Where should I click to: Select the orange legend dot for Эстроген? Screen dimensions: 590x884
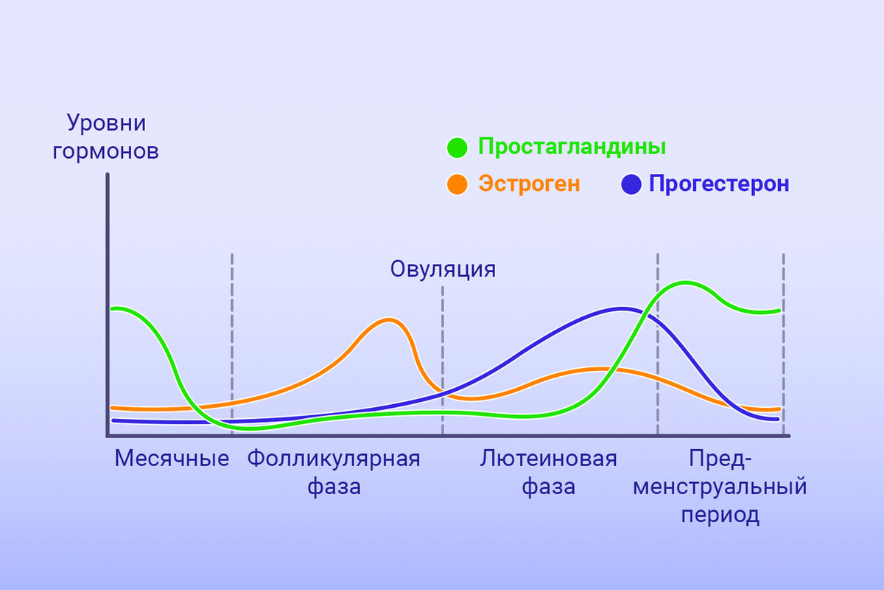(x=457, y=184)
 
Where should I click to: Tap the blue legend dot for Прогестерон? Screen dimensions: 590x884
(x=632, y=184)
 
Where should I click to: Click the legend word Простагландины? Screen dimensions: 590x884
(x=572, y=147)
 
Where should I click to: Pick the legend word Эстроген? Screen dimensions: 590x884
(x=530, y=184)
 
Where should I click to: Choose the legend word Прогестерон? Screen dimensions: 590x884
(x=719, y=184)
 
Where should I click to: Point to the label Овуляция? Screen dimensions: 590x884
(x=443, y=269)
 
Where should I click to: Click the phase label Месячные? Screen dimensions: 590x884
(x=172, y=459)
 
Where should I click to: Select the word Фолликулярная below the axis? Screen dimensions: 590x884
(x=333, y=459)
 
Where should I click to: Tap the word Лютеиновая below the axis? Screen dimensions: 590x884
(x=548, y=459)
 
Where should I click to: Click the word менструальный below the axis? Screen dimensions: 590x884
(x=720, y=487)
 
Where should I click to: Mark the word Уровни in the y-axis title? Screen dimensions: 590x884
(x=97, y=122)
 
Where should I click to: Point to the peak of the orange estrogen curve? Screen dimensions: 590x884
(x=388, y=320)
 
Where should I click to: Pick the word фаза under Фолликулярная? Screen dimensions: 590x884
(x=333, y=487)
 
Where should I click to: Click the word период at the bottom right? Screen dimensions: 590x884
(x=720, y=515)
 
